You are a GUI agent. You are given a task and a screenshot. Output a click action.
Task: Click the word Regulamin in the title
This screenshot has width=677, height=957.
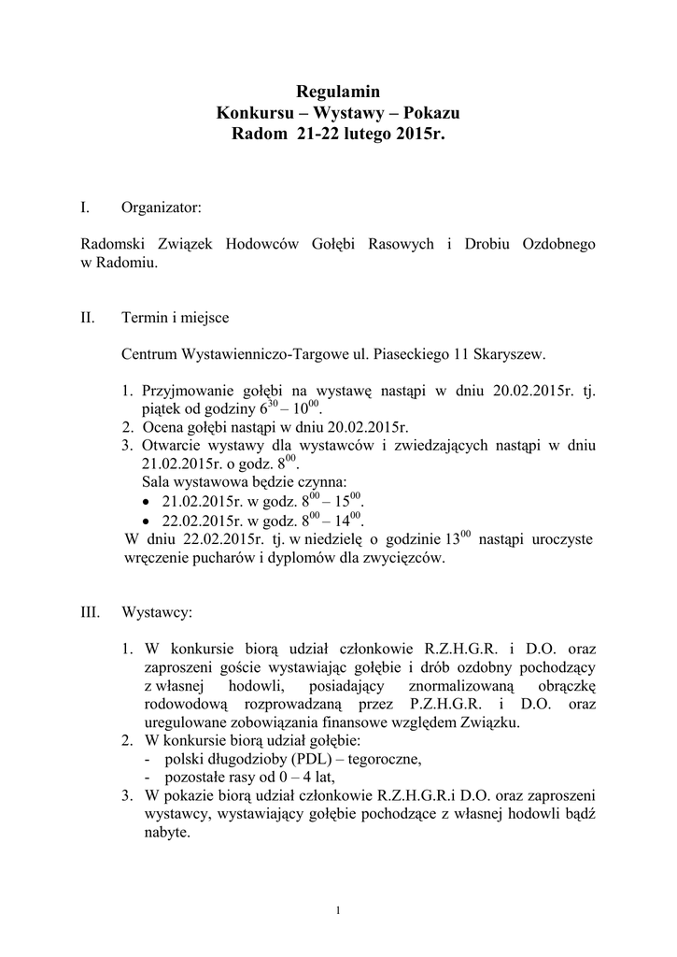click(338, 92)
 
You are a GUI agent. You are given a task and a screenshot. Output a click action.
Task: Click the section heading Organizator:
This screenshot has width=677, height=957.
click(161, 206)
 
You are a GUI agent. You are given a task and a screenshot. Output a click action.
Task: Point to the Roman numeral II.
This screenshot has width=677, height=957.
click(89, 318)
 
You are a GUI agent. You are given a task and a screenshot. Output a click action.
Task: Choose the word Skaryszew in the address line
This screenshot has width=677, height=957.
click(509, 354)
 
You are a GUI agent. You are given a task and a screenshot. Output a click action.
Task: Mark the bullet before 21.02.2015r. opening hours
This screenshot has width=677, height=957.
click(148, 502)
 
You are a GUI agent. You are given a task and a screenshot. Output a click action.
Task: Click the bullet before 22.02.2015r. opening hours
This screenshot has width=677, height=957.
click(148, 521)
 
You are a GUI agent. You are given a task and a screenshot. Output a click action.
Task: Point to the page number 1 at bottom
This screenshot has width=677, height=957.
click(338, 911)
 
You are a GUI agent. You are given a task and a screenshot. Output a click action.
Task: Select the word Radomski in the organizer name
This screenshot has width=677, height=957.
click(117, 244)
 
